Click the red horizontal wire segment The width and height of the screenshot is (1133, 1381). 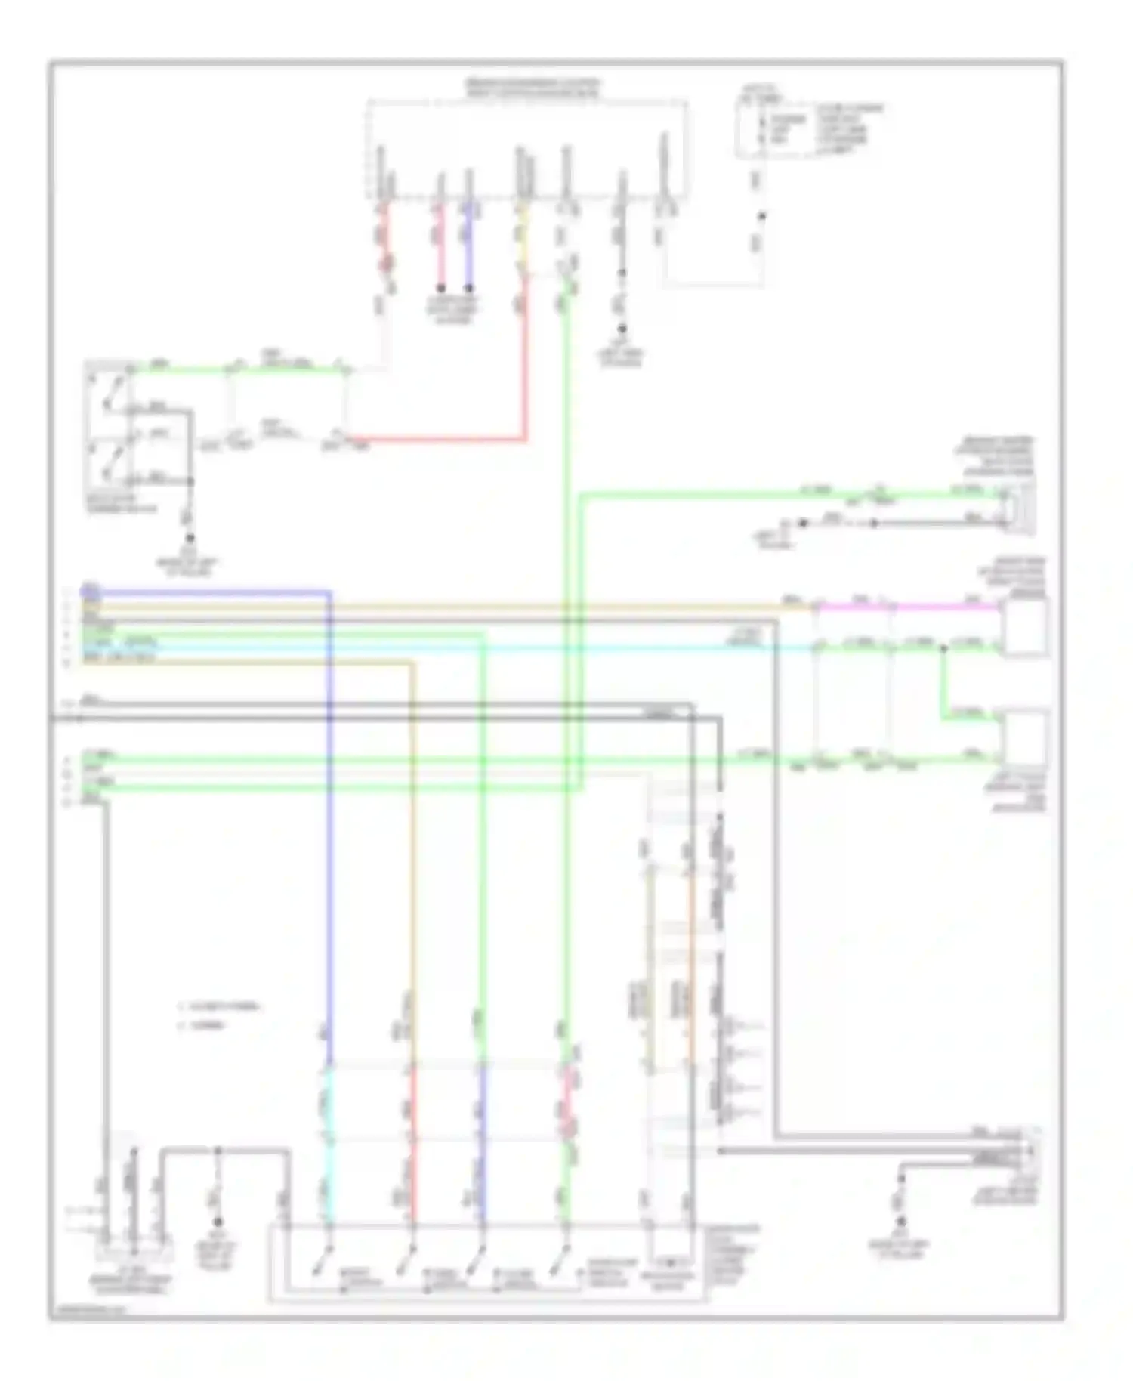[438, 438]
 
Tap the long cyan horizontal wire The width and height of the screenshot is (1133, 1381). [453, 648]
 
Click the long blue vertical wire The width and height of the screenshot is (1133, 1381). [329, 831]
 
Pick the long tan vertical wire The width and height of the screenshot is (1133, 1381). [412, 831]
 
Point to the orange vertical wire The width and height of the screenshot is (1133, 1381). [690, 982]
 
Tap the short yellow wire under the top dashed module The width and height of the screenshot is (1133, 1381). [521, 242]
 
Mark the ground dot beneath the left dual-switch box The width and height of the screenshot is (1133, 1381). [190, 538]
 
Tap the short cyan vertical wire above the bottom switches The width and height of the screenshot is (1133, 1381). [326, 1103]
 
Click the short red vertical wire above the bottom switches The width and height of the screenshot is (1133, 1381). [412, 1103]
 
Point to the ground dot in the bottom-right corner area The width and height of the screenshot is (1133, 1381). [900, 1221]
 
